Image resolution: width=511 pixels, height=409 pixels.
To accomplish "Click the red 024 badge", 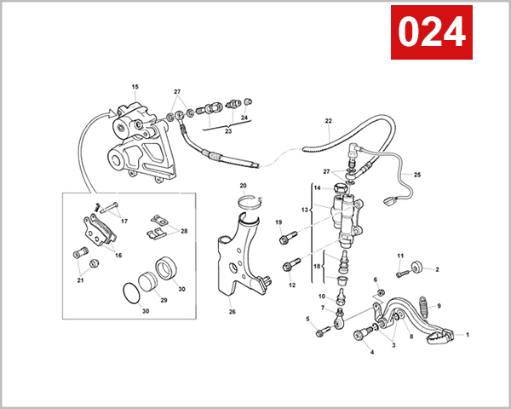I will coord(431,32).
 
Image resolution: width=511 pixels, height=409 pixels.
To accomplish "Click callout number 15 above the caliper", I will coord(135,88).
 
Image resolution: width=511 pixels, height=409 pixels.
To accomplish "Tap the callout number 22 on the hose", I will coord(329,121).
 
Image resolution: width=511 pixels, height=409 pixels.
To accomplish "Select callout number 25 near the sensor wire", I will coord(417,175).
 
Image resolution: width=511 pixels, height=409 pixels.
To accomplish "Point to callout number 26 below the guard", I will coord(232,312).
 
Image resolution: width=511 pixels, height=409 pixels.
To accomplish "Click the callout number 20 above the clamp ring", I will coord(243,186).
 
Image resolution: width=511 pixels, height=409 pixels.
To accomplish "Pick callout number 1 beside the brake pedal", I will coord(467,335).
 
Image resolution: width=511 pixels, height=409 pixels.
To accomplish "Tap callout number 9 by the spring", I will coord(439,306).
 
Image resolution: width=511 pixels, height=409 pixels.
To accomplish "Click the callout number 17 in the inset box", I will coord(124,221).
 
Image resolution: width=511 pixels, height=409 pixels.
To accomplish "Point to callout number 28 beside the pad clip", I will coord(184,231).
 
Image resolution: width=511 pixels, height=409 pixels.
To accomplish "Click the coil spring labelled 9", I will coord(422,305).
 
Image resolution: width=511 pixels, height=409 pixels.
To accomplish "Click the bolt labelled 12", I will coord(289,267).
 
